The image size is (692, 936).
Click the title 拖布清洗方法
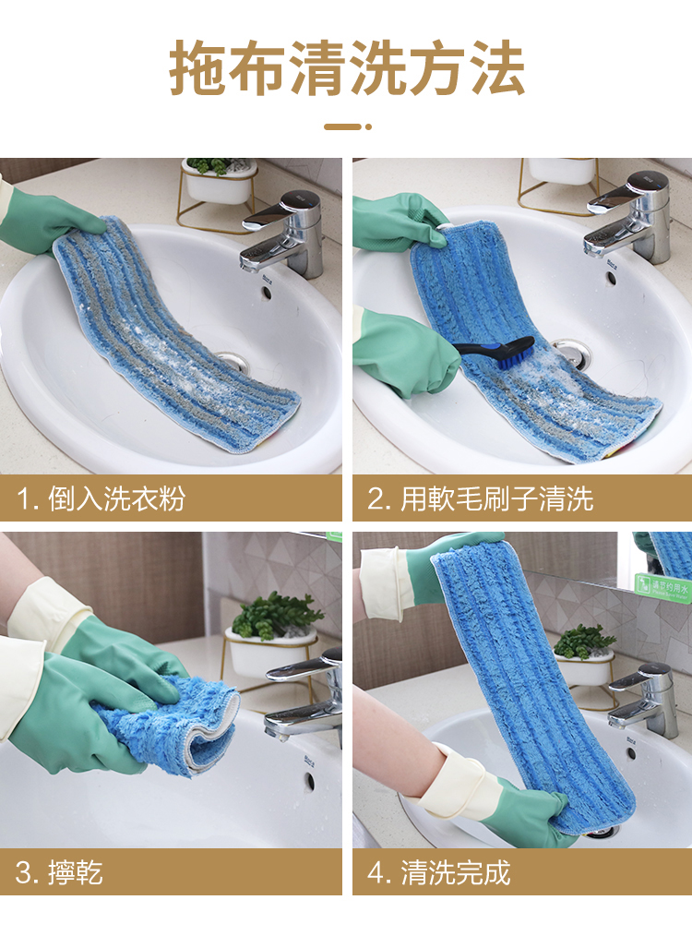(x=347, y=68)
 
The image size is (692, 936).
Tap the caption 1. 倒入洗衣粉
(x=101, y=498)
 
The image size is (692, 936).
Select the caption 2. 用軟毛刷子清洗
(x=480, y=498)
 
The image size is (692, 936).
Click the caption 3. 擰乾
(x=59, y=872)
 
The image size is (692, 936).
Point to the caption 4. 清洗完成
(x=439, y=872)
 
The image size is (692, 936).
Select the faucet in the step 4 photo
(x=644, y=699)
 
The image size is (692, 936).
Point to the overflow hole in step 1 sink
(x=266, y=293)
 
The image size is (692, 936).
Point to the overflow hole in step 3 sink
(x=309, y=781)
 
